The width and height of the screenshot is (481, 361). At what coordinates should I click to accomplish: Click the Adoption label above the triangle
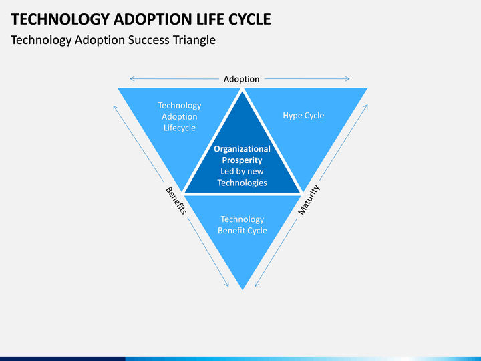pos(241,79)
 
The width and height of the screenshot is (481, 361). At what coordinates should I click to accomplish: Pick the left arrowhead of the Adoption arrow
pos(132,79)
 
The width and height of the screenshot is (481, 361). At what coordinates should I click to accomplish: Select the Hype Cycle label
pos(303,116)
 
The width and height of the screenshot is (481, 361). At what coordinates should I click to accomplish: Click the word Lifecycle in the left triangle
pos(179,128)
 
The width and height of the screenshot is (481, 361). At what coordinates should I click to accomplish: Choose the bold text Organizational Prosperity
pos(242,154)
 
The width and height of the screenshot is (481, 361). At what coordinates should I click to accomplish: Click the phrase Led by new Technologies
pos(242,177)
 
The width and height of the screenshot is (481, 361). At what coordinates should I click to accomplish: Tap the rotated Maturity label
pos(309,200)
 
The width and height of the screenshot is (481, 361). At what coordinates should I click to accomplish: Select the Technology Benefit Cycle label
pos(242,225)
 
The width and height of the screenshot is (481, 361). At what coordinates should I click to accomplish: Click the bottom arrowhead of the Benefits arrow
pos(227,286)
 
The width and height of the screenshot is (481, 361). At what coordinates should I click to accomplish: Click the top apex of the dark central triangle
pos(242,90)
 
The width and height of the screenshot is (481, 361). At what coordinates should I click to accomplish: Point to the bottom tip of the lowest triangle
pos(242,289)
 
